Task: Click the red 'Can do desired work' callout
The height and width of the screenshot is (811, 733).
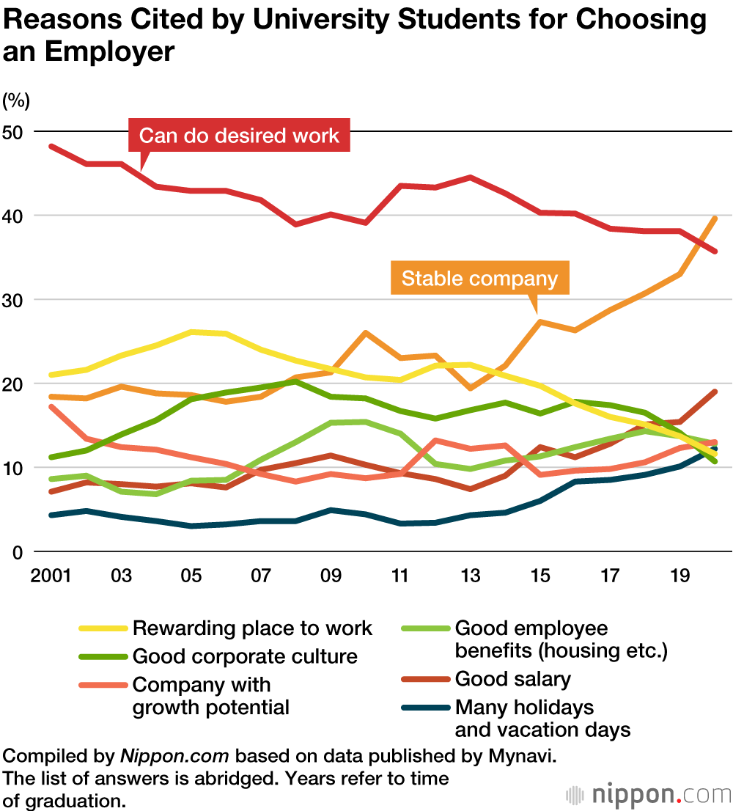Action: [239, 136]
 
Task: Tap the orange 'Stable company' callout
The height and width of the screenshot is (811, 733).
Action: [480, 279]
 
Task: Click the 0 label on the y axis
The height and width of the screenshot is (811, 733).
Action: [19, 551]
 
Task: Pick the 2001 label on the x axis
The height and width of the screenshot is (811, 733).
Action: [51, 575]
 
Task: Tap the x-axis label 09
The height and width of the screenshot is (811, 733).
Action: [331, 575]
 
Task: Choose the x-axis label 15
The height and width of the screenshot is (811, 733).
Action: [540, 575]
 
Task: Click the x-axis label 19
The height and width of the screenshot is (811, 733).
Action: [680, 575]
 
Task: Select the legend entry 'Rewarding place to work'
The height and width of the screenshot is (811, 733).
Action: [252, 628]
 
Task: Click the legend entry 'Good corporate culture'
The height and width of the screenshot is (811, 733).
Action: [245, 656]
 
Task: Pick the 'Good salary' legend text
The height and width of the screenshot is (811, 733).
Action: [512, 679]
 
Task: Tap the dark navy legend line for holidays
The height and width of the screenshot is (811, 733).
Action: [426, 708]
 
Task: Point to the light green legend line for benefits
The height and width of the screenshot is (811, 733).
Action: [426, 628]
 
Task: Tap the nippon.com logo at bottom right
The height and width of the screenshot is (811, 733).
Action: [649, 795]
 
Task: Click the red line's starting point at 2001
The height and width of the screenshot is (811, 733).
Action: [51, 146]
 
